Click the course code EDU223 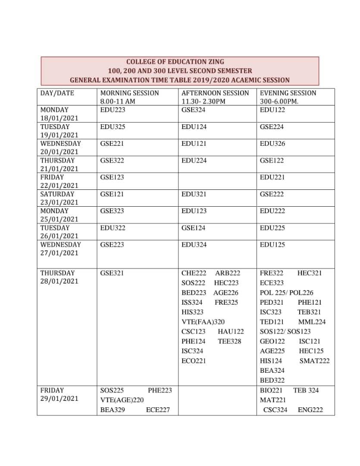(x=113, y=110)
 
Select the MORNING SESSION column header (x=129, y=93)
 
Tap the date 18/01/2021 (x=59, y=118)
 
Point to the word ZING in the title (x=215, y=62)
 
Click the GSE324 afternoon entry (x=194, y=110)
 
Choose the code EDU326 (x=272, y=144)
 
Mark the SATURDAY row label (x=57, y=194)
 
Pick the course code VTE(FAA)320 (x=203, y=322)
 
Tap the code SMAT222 (x=315, y=361)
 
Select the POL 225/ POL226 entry (x=287, y=293)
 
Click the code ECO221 (x=194, y=361)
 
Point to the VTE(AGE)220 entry (x=122, y=400)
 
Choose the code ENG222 (x=310, y=410)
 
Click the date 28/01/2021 (x=59, y=281)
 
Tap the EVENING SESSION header (x=288, y=93)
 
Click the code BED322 (x=272, y=380)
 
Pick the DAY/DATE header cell (x=57, y=93)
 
